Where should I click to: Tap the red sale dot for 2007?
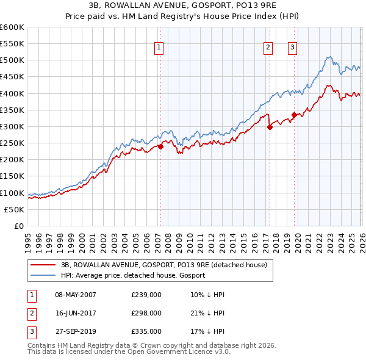click(x=160, y=146)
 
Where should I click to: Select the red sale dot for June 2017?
click(x=270, y=127)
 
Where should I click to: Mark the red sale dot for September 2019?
click(x=294, y=115)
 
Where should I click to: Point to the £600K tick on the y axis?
click(x=12, y=27)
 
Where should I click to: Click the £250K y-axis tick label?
click(x=12, y=143)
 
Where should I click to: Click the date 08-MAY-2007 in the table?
click(x=76, y=295)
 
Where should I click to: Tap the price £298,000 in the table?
click(x=146, y=313)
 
